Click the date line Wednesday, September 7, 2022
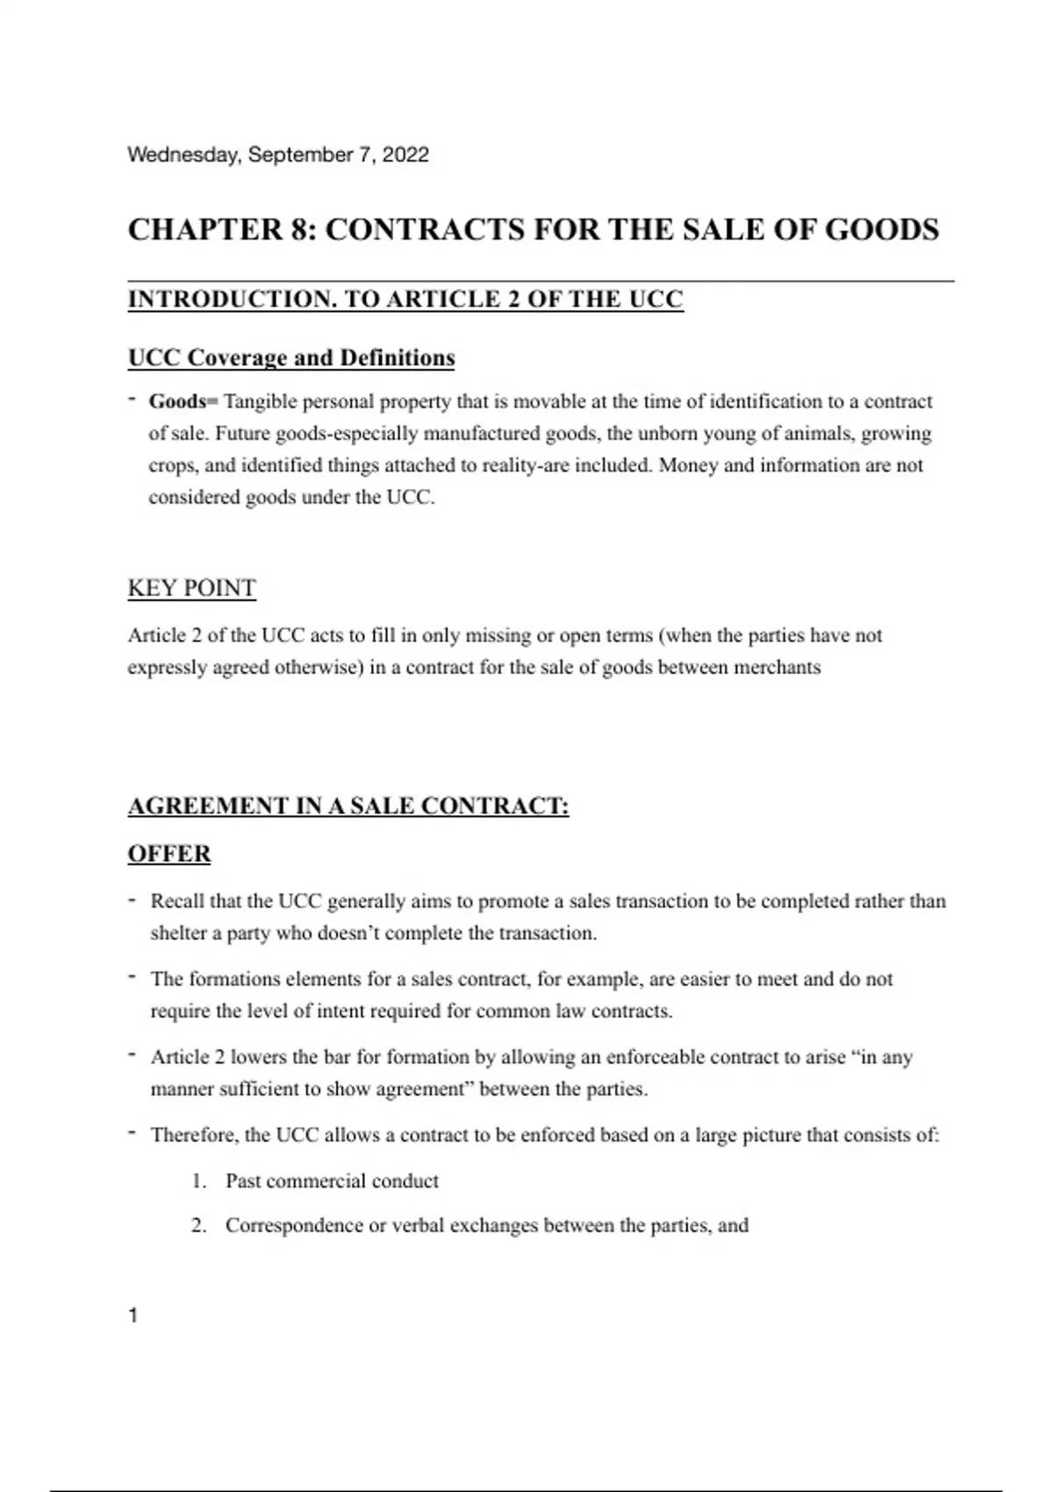[x=278, y=155]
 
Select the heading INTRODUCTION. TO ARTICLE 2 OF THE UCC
[x=405, y=299]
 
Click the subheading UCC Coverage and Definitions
[x=291, y=358]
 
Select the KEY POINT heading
[x=191, y=588]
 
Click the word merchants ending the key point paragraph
[x=777, y=667]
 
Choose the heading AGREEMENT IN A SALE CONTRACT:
[x=348, y=806]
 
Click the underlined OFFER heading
[x=169, y=854]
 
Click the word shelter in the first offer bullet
[x=178, y=933]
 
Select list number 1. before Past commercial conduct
[x=199, y=1181]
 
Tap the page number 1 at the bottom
[x=133, y=1315]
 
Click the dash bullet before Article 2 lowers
[x=132, y=1054]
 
